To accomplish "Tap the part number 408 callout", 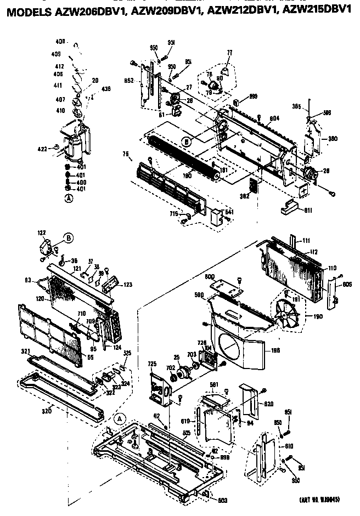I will (60, 42).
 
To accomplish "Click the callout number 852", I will (129, 81).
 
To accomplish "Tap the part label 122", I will (42, 233).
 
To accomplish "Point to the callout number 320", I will (47, 410).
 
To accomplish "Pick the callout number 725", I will (151, 364).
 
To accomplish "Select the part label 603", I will (222, 500).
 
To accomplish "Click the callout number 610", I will (289, 446).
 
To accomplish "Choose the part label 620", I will (268, 403).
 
